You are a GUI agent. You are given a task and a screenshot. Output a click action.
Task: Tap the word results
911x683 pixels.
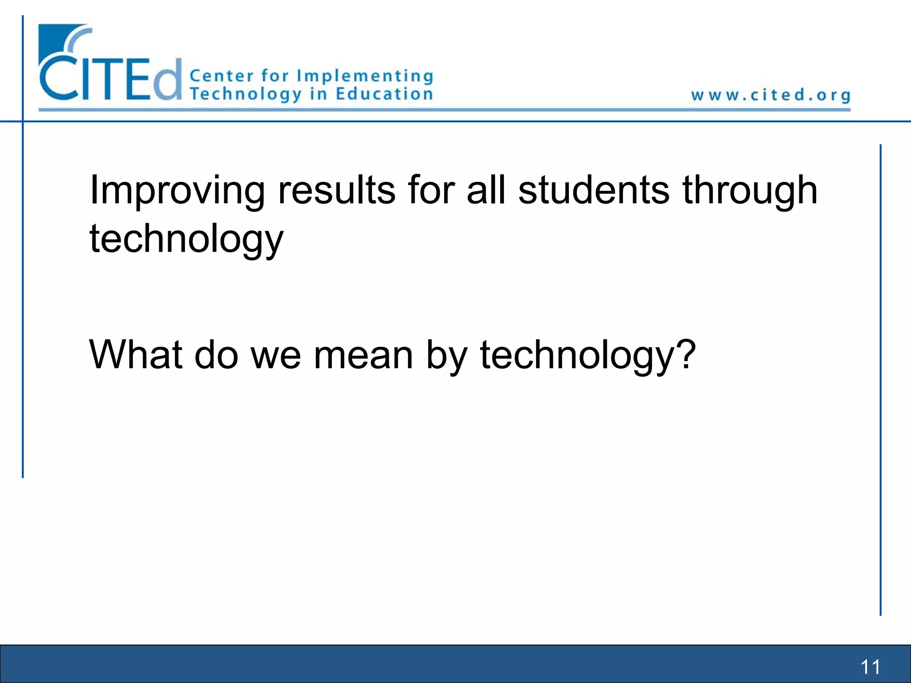[336, 190]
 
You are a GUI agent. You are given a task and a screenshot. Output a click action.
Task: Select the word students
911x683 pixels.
[594, 190]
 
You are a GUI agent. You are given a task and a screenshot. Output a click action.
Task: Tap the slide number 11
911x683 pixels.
[870, 667]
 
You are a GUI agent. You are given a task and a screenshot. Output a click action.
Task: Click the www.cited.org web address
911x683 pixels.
[771, 95]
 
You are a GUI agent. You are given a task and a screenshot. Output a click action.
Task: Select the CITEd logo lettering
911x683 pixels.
[111, 78]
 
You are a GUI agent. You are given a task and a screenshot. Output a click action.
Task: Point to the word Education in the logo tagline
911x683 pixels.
[384, 94]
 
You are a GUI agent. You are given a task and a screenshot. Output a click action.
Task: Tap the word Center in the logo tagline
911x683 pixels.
[222, 76]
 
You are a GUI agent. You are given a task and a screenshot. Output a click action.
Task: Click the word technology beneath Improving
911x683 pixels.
[186, 239]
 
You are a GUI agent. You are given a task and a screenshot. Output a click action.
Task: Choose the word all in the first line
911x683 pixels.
[486, 190]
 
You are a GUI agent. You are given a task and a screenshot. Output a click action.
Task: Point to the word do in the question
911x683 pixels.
[217, 354]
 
